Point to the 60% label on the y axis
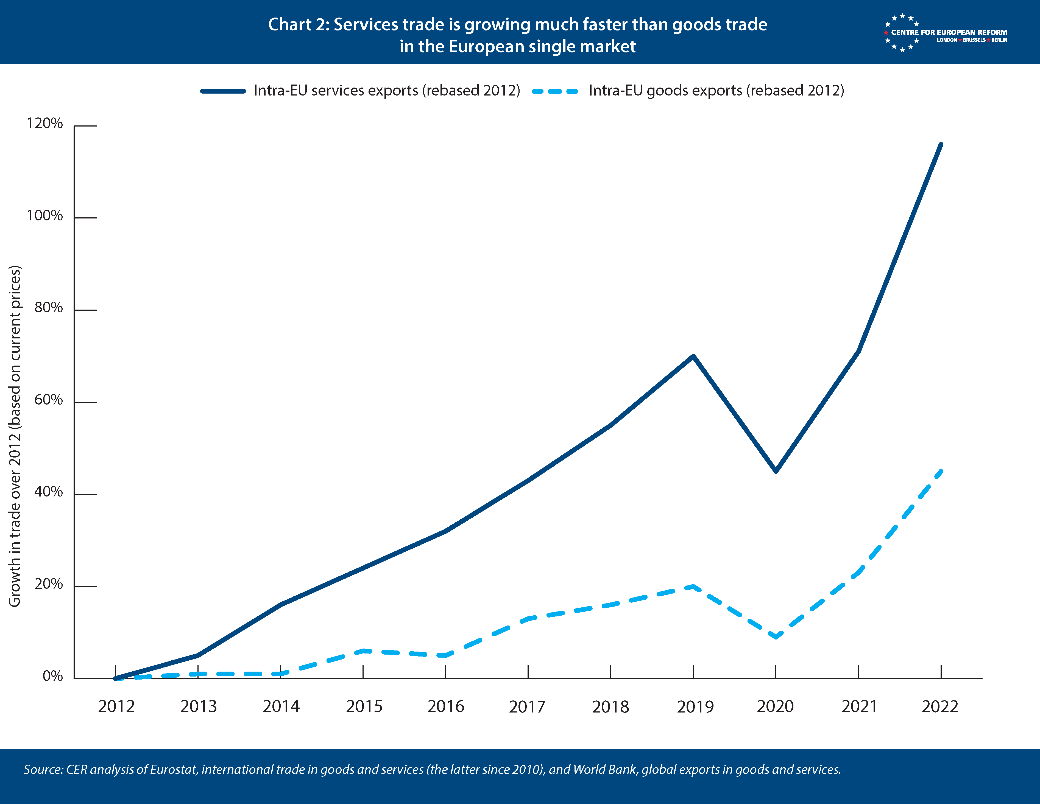[48, 400]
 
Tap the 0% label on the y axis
[52, 676]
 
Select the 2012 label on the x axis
[116, 706]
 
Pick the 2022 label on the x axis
[939, 706]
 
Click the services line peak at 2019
[693, 356]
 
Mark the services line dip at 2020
[776, 471]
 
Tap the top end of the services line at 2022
[941, 144]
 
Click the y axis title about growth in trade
[15, 436]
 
